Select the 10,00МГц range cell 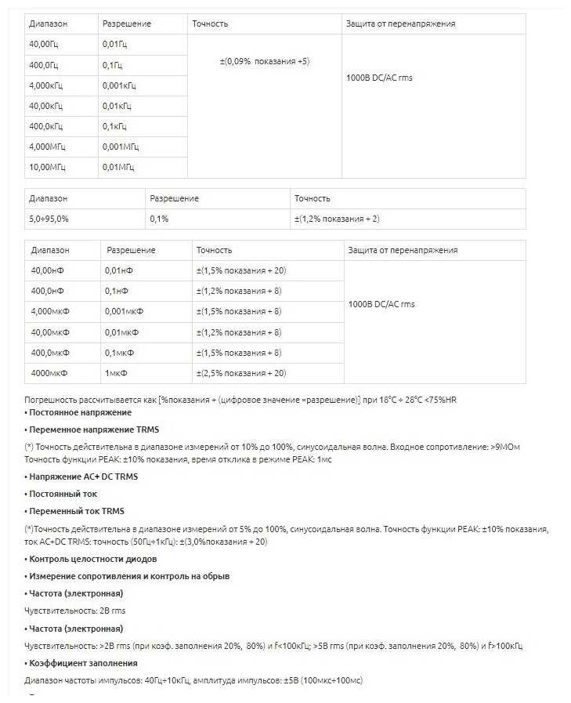(x=48, y=167)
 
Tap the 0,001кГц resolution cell (x=119, y=85)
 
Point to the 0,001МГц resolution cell (x=120, y=147)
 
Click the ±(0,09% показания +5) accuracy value (x=265, y=61)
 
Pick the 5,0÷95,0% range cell (x=49, y=219)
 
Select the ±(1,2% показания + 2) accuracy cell (x=337, y=219)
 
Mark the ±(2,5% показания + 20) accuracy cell (x=240, y=372)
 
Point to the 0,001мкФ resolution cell (x=124, y=311)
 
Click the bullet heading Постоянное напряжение (x=78, y=412)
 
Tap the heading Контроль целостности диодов (x=91, y=559)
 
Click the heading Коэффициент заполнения (x=75, y=663)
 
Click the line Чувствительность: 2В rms (x=75, y=611)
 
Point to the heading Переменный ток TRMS (x=75, y=512)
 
